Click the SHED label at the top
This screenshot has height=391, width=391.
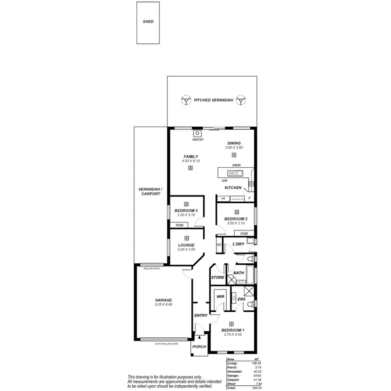[149, 22]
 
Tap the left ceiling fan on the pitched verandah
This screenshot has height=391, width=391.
[185, 100]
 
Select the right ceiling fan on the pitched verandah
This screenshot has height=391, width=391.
[240, 100]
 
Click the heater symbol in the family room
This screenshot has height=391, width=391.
[198, 133]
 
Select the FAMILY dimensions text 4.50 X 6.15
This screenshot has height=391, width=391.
[191, 161]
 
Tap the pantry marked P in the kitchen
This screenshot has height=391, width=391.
[250, 198]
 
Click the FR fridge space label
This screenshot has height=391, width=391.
[223, 199]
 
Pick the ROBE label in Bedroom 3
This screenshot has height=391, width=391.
[179, 225]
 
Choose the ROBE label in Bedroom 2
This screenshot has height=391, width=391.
[244, 234]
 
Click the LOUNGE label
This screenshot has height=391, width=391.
[186, 245]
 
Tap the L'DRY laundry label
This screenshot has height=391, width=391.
[238, 244]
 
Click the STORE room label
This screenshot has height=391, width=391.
[217, 277]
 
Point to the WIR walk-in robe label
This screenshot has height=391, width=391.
[220, 297]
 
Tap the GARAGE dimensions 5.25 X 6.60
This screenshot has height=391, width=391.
[163, 304]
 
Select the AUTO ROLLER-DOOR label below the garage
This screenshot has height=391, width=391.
[166, 344]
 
